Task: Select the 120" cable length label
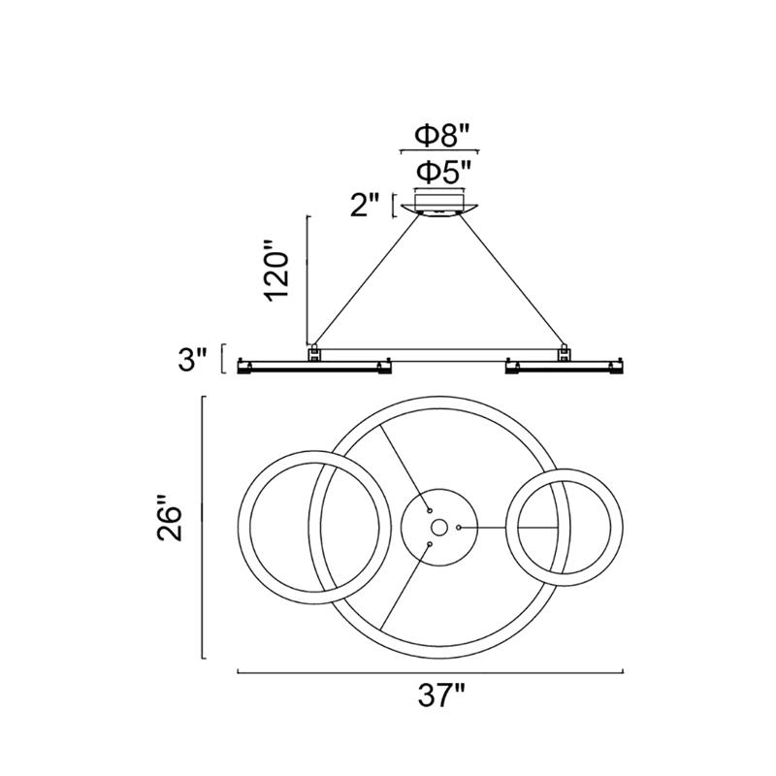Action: point(277,271)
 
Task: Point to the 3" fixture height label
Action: point(191,360)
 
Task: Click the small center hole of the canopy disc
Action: point(439,528)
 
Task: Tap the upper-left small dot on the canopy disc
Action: point(430,510)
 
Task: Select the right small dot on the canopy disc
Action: point(459,528)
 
